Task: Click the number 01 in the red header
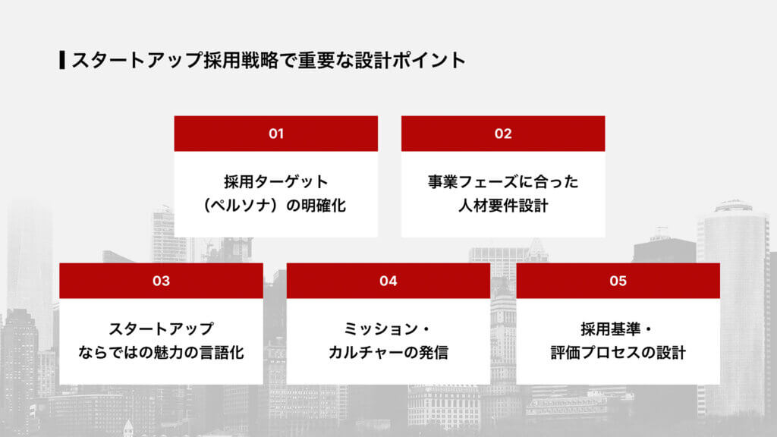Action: tap(275, 134)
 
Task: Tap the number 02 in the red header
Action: tap(503, 134)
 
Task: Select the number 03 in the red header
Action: tap(161, 281)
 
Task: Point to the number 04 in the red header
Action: tap(388, 281)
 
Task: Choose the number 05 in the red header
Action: tap(618, 281)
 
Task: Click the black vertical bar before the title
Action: tap(61, 60)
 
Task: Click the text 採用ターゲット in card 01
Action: tap(275, 182)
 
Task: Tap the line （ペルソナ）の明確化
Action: tap(275, 205)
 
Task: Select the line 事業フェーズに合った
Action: tap(503, 182)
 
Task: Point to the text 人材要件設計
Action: tap(503, 205)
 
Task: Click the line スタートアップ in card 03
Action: tap(161, 329)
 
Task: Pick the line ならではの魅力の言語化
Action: tap(161, 352)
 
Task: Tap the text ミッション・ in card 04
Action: tap(388, 329)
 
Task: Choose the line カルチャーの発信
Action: tap(388, 352)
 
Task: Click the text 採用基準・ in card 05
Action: tap(618, 329)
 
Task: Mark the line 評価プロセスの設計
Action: tap(618, 352)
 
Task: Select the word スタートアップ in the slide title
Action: tap(137, 61)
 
